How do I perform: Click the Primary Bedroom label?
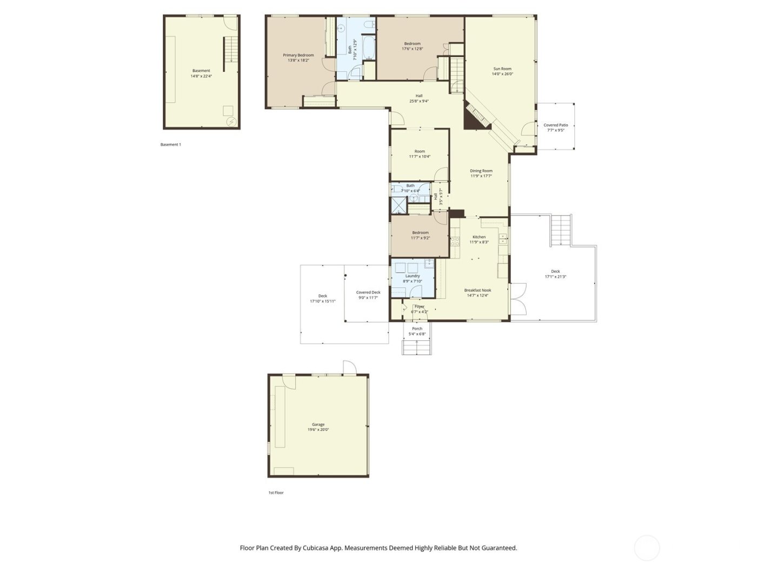[x=298, y=55]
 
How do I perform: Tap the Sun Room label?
[x=502, y=69]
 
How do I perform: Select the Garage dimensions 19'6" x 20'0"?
[x=318, y=430]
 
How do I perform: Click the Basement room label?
[x=201, y=71]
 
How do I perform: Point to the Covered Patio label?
[x=555, y=125]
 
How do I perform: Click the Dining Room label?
[x=481, y=171]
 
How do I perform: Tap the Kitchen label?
[x=479, y=237]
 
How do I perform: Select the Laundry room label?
[x=413, y=276]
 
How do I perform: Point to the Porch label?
[x=417, y=328]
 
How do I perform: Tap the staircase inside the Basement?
[x=231, y=50]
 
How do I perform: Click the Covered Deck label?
[x=368, y=292]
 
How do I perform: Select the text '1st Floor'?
[x=276, y=492]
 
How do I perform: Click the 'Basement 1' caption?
[x=171, y=145]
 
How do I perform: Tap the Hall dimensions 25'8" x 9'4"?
[x=419, y=101]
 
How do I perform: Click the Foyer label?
[x=419, y=306]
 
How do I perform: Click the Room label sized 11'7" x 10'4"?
[x=420, y=151]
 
